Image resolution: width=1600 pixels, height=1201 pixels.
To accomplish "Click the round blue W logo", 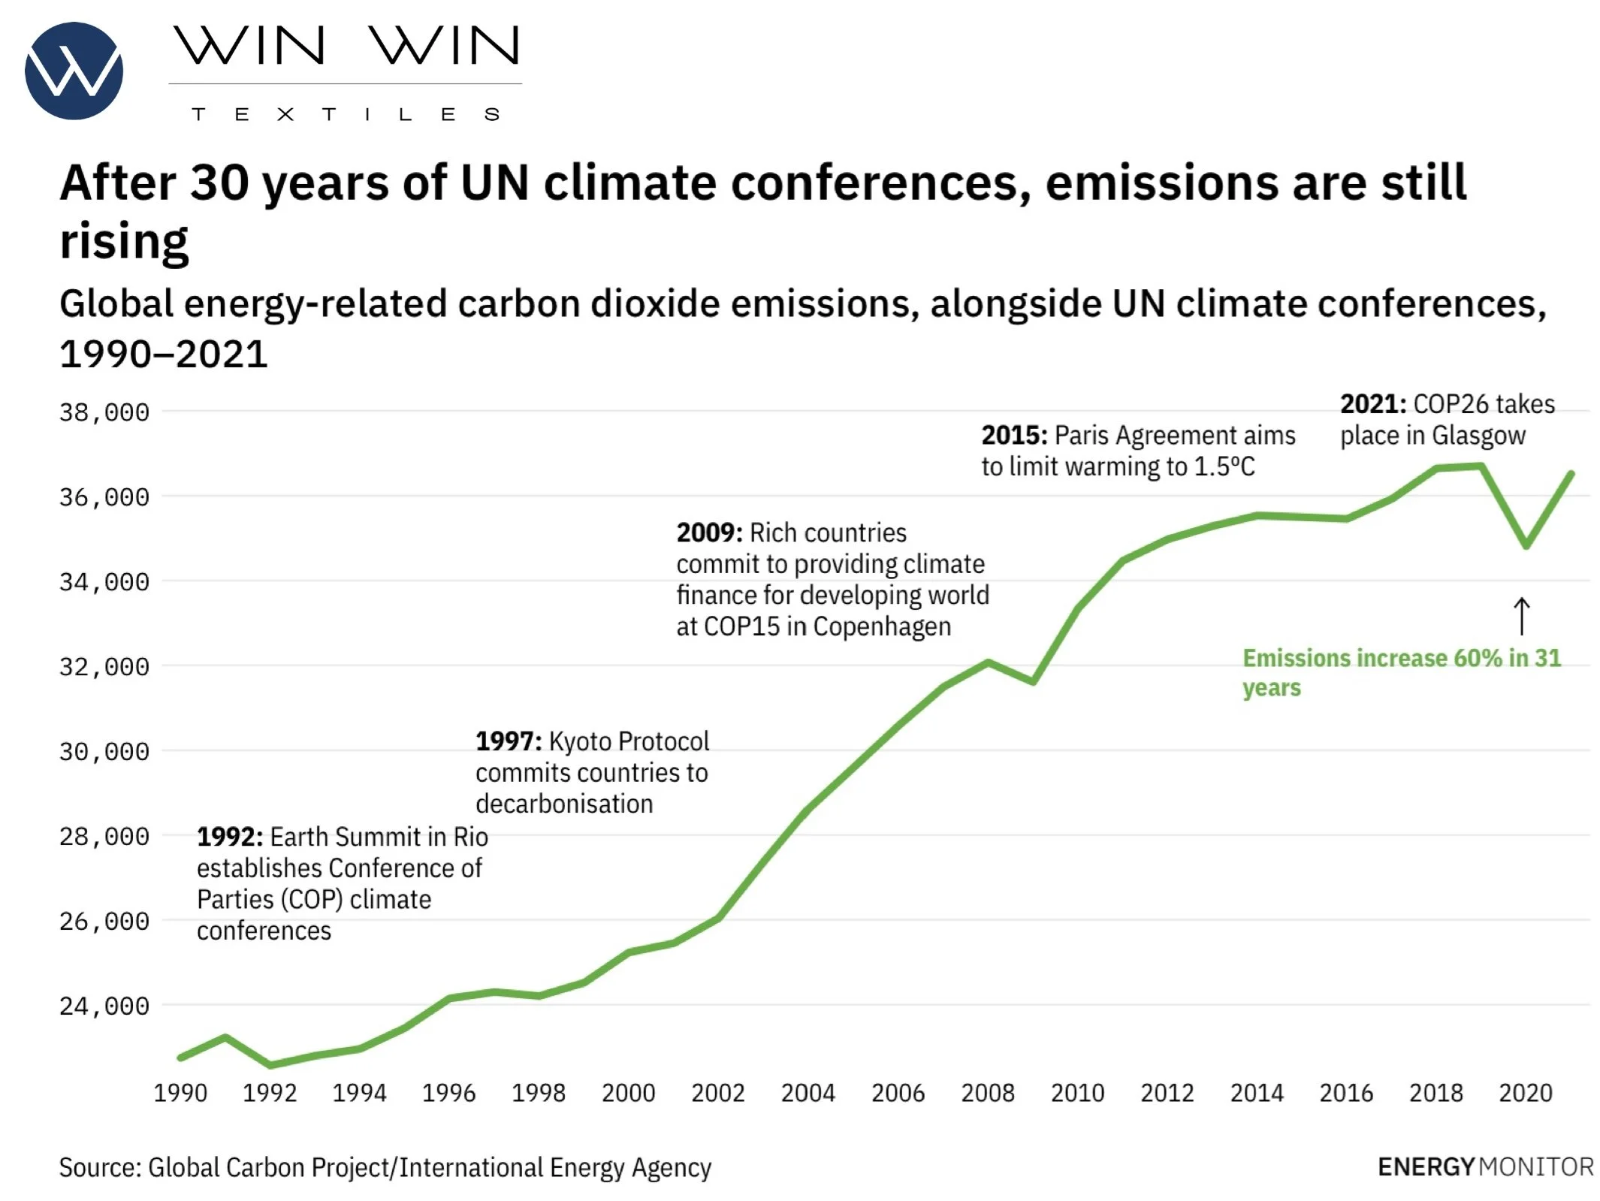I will coord(74,71).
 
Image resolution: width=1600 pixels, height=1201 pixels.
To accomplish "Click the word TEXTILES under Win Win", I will coord(345,114).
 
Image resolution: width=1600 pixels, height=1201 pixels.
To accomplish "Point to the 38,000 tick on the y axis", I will coord(104,412).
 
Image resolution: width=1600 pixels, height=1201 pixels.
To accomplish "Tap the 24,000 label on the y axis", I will coord(104,1006).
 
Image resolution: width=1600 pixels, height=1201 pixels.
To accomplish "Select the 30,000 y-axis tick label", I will coord(104,752).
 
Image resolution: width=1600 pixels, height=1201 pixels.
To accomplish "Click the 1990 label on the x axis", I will coord(180,1093).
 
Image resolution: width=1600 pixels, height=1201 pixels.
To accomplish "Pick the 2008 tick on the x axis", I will coord(987,1093).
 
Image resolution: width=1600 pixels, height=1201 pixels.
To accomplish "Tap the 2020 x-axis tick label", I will coord(1525,1093).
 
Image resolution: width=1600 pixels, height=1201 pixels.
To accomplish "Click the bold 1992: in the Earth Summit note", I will coord(230,837).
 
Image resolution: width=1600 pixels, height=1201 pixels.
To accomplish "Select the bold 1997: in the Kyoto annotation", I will coord(509,741).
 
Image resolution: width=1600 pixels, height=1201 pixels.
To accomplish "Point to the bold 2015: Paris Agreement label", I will coord(1014,436).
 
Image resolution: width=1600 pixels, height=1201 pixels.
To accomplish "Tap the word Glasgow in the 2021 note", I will coord(1478,436).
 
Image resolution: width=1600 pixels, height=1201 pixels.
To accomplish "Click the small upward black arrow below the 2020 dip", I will coord(1521,616).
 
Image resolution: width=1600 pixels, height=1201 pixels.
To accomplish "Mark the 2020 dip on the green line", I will coord(1526,545).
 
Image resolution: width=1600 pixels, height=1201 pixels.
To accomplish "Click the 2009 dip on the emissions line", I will coord(1034,681).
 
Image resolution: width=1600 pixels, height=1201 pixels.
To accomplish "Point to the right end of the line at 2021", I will coord(1571,473).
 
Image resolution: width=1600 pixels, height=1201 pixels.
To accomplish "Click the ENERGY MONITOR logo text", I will coord(1485,1166).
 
